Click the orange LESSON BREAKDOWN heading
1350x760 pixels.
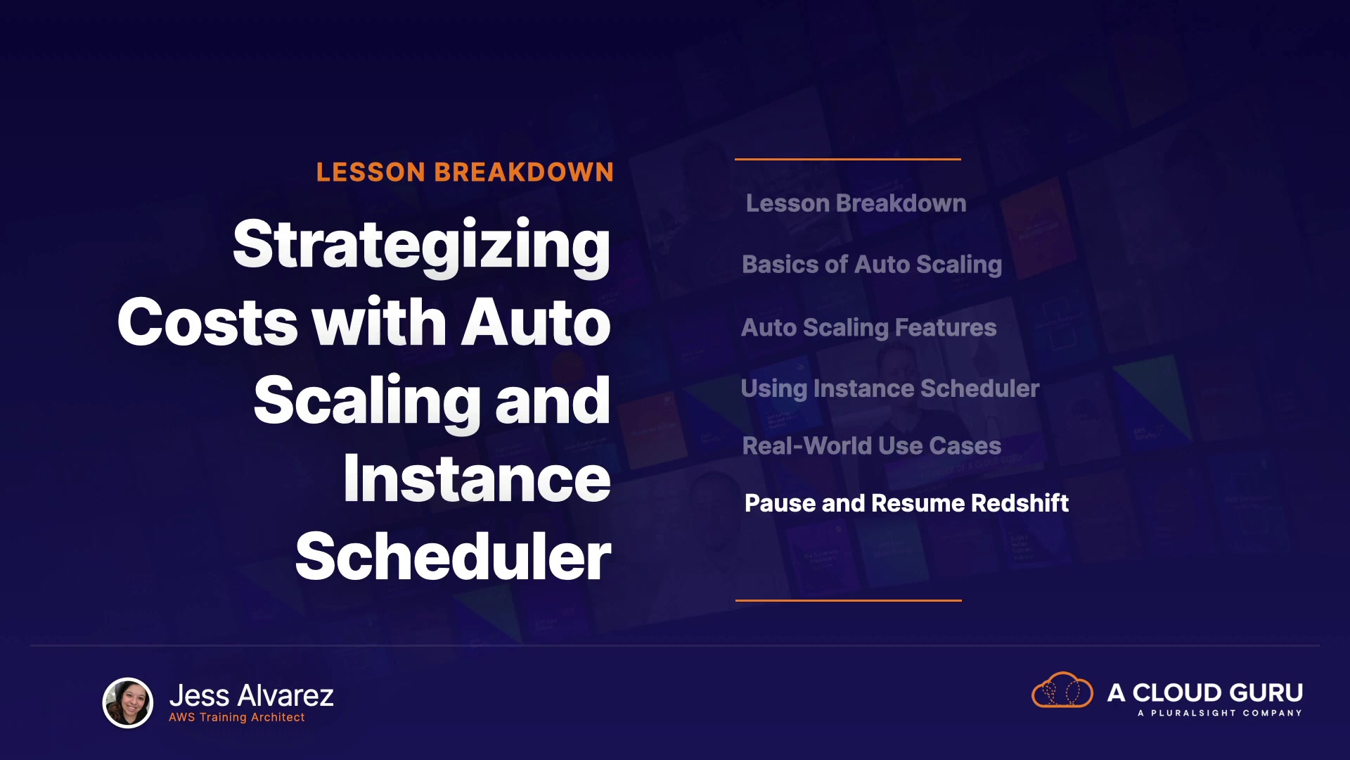(x=465, y=172)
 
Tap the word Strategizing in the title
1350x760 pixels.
(x=422, y=246)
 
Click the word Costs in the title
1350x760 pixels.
(x=208, y=322)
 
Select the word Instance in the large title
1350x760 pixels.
(x=477, y=479)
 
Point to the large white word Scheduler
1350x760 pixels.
(x=454, y=557)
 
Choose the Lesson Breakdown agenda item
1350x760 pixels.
(x=856, y=203)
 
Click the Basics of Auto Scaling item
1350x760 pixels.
(x=872, y=265)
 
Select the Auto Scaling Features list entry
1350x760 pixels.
(x=869, y=328)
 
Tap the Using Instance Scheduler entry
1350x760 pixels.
(x=890, y=389)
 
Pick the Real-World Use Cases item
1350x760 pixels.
(x=872, y=446)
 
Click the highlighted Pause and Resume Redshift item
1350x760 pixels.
(x=906, y=503)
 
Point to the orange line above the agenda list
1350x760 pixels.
(x=848, y=160)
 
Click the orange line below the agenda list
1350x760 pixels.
(x=849, y=600)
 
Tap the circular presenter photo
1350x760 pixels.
(x=128, y=702)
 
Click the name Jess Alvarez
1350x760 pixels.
(x=252, y=696)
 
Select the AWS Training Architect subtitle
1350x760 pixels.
(x=237, y=717)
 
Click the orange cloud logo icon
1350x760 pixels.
(x=1062, y=690)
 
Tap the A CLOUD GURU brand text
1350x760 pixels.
(x=1205, y=693)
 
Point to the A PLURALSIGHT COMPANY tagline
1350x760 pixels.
(x=1220, y=713)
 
